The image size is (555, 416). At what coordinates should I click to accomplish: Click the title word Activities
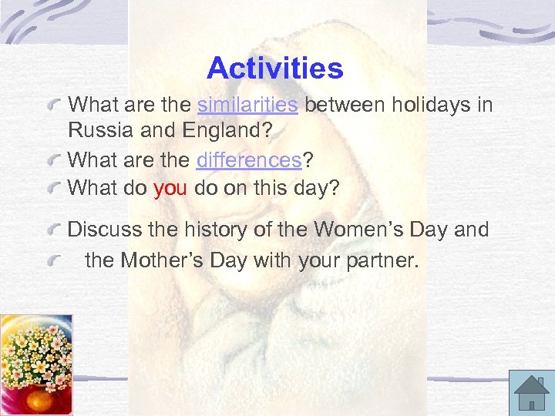tap(275, 69)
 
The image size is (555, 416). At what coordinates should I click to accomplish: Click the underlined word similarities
tap(247, 105)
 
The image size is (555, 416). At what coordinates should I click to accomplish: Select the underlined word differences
tap(248, 160)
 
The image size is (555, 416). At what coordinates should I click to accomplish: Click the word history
tap(230, 230)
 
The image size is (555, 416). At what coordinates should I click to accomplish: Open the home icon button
tap(531, 392)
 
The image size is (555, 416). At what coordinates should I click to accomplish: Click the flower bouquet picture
tap(36, 364)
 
